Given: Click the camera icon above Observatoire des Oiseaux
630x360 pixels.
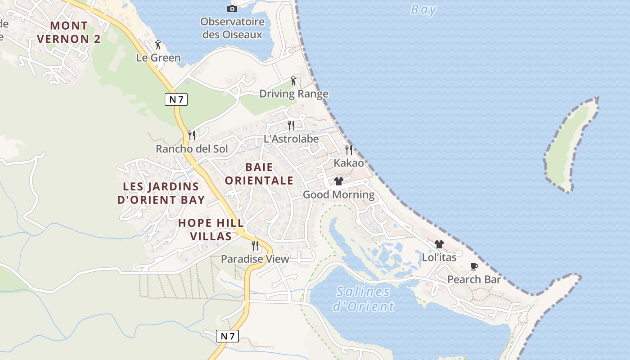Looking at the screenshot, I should click(232, 9).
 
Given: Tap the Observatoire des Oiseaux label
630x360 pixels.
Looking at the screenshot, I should click(232, 28).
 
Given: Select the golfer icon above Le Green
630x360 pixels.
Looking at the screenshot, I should click(158, 45).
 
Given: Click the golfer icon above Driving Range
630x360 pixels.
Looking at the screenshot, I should click(293, 81).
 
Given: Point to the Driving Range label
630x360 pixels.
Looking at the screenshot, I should click(294, 94).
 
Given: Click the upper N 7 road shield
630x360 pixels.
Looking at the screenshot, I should click(176, 99).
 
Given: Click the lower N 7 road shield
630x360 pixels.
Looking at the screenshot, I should click(228, 336).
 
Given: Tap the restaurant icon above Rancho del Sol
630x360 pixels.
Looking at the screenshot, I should click(192, 135).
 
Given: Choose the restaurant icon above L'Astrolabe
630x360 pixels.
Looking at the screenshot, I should click(291, 125).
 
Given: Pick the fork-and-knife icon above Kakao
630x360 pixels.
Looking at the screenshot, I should click(349, 149).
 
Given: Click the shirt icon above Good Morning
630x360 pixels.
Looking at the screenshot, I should click(339, 181).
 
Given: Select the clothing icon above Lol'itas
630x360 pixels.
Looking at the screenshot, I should click(439, 244).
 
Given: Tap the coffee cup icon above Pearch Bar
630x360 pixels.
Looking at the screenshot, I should click(474, 266).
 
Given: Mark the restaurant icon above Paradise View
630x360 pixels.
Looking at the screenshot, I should click(255, 246).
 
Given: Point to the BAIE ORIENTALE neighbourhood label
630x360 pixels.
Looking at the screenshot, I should click(259, 174).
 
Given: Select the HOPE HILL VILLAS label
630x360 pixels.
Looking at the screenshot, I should click(211, 229).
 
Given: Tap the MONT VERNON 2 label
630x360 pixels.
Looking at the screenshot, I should click(69, 32).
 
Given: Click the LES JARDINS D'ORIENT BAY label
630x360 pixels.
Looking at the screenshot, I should click(161, 193).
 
